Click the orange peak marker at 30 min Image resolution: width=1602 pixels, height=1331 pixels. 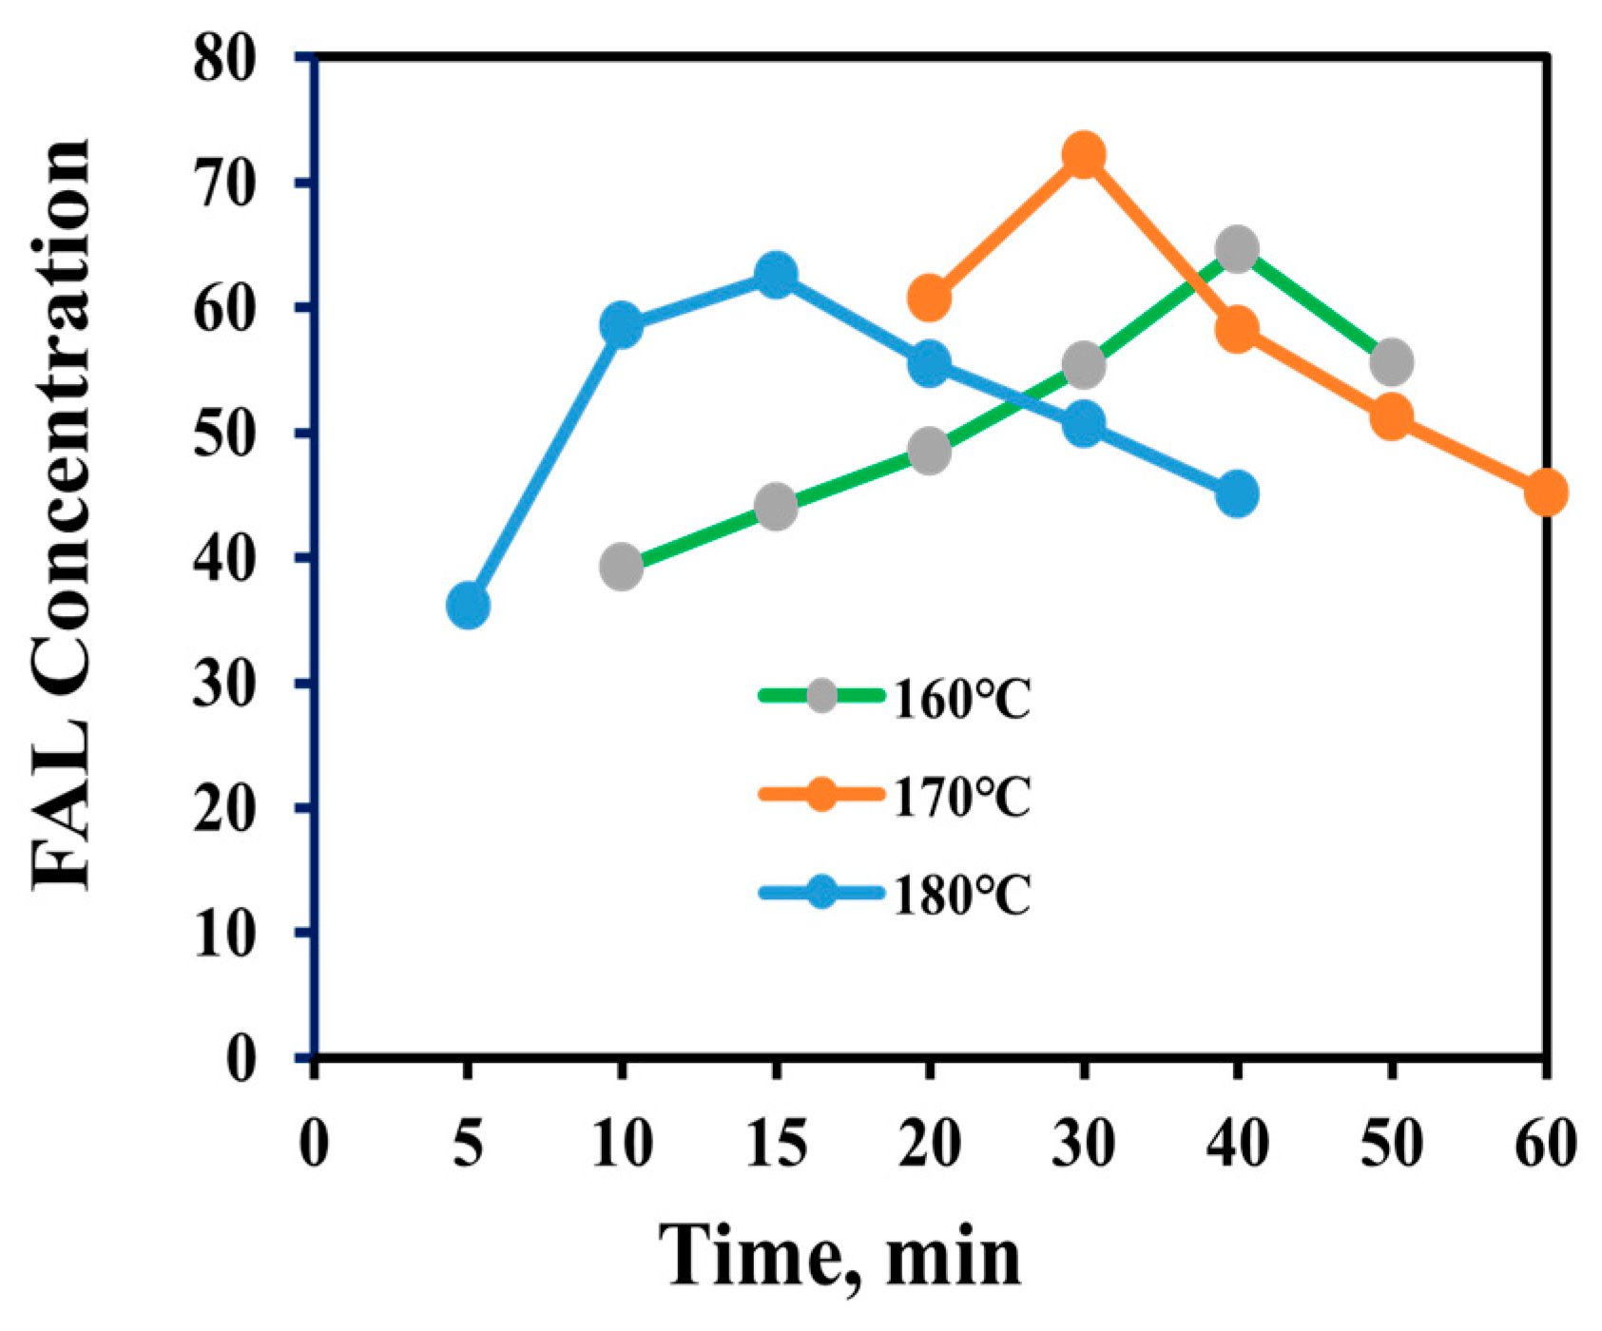(x=1083, y=154)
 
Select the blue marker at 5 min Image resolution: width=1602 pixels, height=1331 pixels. (x=467, y=606)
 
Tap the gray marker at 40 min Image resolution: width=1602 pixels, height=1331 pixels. (x=1237, y=250)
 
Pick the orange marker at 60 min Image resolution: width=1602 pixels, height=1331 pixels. (x=1545, y=492)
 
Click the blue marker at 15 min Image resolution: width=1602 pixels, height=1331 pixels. (x=776, y=276)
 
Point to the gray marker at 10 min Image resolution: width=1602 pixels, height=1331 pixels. (x=621, y=568)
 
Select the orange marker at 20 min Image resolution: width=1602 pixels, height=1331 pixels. (x=929, y=298)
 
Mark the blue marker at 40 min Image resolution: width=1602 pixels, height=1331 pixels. (x=1237, y=494)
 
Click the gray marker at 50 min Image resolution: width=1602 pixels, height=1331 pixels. (x=1391, y=362)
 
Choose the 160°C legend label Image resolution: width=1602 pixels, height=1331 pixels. (x=961, y=702)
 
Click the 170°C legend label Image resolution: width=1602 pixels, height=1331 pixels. (x=961, y=798)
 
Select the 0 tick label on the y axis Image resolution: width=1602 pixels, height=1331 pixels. (x=243, y=1057)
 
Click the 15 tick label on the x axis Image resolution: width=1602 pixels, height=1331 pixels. (x=776, y=1144)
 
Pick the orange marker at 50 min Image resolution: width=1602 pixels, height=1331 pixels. (x=1391, y=417)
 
